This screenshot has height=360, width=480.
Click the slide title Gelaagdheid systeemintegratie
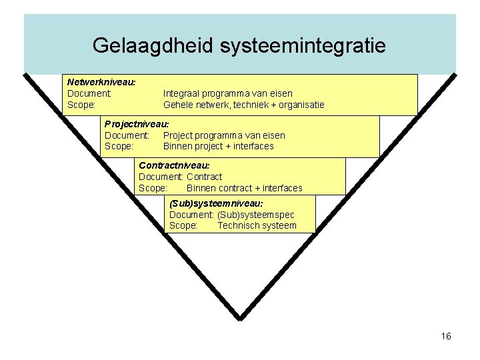[x=239, y=45]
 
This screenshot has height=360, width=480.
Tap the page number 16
[x=446, y=336]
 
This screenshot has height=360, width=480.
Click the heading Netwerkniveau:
[x=101, y=82]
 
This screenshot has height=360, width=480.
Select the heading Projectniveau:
[x=137, y=124]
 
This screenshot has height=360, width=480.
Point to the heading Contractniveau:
[x=174, y=164]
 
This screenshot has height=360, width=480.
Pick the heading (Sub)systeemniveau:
[x=216, y=203]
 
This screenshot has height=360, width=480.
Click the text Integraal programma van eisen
[x=227, y=93]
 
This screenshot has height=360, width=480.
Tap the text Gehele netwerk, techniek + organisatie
[x=243, y=105]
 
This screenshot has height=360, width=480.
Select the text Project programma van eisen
[x=224, y=135]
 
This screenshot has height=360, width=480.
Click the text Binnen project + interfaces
[x=218, y=146]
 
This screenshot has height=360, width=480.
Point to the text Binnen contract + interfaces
[x=244, y=188]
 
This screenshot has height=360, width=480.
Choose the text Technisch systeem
[x=257, y=225]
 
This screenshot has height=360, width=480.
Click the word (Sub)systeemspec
[x=255, y=215]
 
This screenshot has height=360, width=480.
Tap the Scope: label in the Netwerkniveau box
[x=81, y=105]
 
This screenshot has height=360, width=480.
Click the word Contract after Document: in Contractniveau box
[x=204, y=177]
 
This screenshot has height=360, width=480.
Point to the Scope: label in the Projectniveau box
[x=119, y=146]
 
